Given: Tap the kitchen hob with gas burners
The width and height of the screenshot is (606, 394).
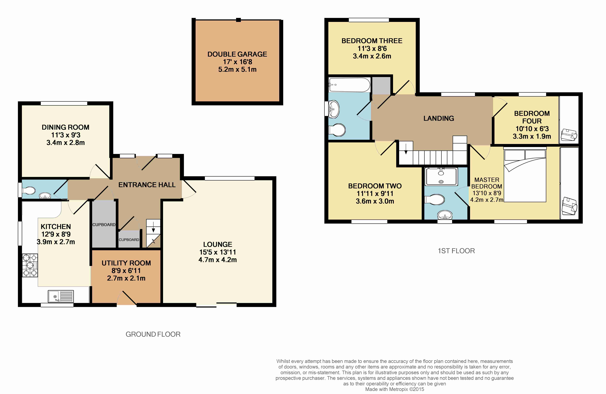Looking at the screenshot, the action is click(30, 265).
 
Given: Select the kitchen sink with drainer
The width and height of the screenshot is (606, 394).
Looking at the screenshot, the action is click(61, 296).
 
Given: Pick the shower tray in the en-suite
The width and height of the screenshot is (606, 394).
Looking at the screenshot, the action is click(441, 176).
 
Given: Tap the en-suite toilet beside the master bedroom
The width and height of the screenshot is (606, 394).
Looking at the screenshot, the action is click(435, 200).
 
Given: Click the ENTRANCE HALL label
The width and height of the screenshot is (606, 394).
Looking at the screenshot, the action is click(147, 185).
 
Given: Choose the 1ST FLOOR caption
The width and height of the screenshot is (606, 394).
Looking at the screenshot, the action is click(456, 251).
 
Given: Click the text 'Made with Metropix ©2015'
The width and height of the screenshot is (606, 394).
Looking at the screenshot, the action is click(395, 389).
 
